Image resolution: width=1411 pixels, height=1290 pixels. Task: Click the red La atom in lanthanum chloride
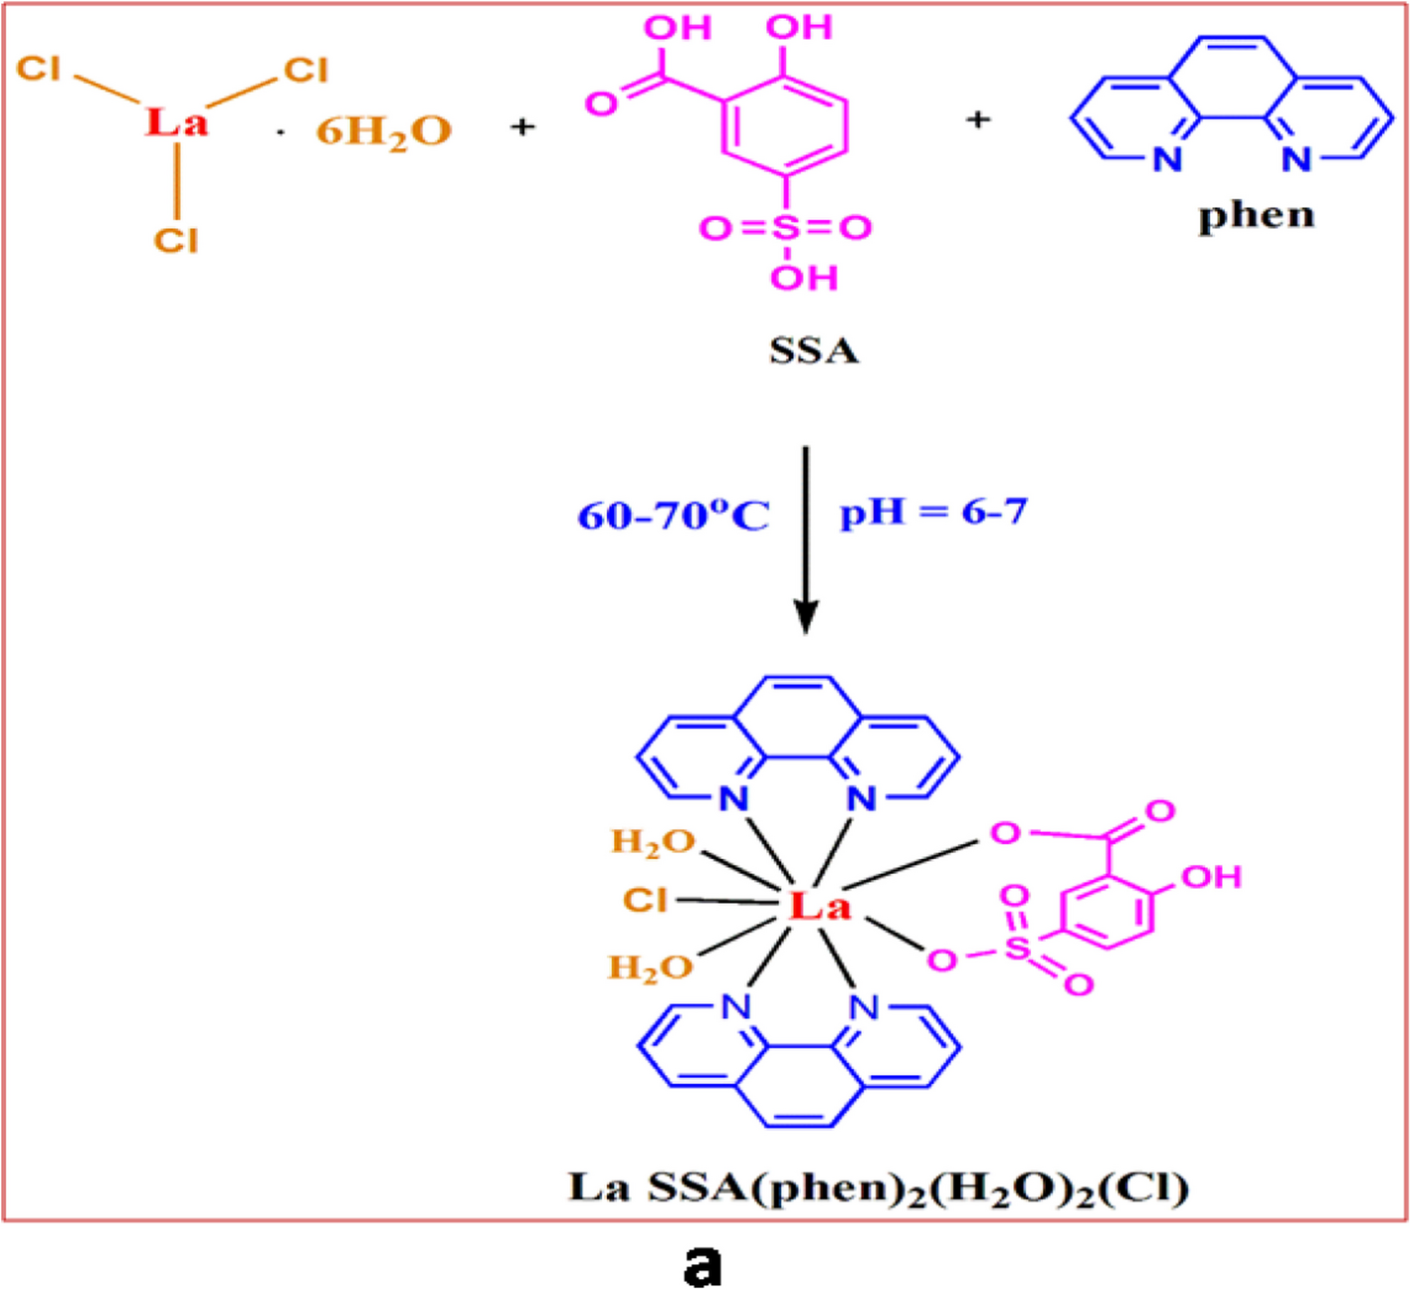point(177,122)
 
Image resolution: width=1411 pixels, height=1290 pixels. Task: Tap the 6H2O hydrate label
point(384,131)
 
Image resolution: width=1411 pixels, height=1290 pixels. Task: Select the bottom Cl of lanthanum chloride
point(176,240)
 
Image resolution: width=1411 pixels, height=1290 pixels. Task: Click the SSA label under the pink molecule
point(813,350)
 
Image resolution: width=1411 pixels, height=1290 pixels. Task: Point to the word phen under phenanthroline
point(1256,215)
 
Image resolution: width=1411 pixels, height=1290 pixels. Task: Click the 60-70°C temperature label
point(674,516)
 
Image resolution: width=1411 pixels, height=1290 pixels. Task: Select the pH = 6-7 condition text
point(933,512)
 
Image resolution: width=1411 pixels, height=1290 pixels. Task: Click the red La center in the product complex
point(820,906)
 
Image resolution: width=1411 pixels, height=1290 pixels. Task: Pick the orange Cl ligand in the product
point(644,900)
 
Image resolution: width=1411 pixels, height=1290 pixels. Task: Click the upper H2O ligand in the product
point(653,842)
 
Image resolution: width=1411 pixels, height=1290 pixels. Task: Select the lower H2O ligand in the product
point(651,967)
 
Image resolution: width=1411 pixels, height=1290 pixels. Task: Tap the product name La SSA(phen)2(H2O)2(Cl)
point(879,1187)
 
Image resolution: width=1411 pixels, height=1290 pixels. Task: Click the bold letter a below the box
point(703,1265)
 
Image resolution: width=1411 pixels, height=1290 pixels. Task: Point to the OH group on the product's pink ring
point(1211,877)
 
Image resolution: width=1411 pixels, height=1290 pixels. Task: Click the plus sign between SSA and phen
point(978,119)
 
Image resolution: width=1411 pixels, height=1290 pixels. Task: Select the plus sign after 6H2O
point(522,126)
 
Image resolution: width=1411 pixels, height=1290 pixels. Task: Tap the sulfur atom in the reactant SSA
point(786,228)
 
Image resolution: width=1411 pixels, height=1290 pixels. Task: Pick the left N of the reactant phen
point(1167,158)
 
